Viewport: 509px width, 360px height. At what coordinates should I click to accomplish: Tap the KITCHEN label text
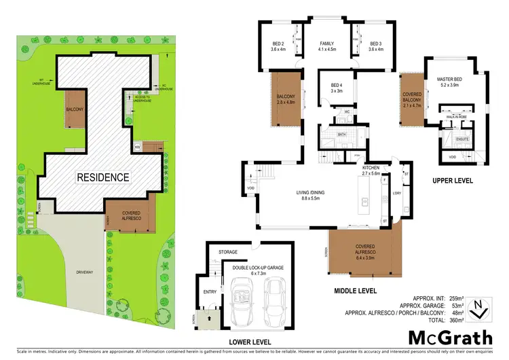[371, 168]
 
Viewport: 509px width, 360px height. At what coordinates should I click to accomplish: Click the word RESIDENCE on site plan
[102, 177]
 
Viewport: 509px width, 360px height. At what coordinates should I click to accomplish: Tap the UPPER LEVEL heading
[452, 181]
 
